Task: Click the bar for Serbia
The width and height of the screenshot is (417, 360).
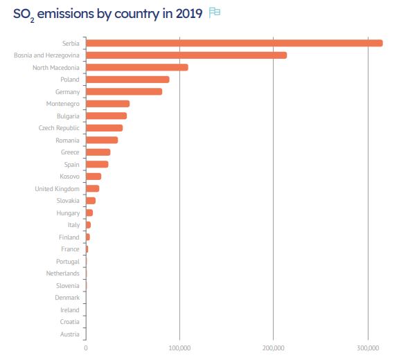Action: pos(233,43)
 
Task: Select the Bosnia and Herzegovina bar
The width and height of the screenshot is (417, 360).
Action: pos(186,55)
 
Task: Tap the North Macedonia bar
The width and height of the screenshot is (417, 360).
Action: pos(136,67)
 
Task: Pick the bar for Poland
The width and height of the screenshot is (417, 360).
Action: pos(127,80)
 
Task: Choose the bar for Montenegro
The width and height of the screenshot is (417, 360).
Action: pos(107,104)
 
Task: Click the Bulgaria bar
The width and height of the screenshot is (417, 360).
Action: pos(106,116)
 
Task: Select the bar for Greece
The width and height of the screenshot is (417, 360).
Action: pos(98,152)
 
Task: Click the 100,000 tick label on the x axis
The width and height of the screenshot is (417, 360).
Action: pos(179,348)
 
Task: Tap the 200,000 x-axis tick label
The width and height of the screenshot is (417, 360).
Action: pos(274,348)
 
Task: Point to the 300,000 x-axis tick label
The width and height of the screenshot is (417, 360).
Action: pos(368,348)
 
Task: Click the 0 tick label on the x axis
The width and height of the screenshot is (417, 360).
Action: pos(86,348)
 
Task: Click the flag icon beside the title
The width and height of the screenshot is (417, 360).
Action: pos(215,13)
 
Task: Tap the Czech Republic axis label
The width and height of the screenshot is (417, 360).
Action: pos(59,128)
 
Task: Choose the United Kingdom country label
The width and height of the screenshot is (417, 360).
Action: pos(57,188)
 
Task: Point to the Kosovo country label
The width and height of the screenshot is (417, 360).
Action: pos(68,177)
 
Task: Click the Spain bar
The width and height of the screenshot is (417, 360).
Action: pos(97,164)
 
